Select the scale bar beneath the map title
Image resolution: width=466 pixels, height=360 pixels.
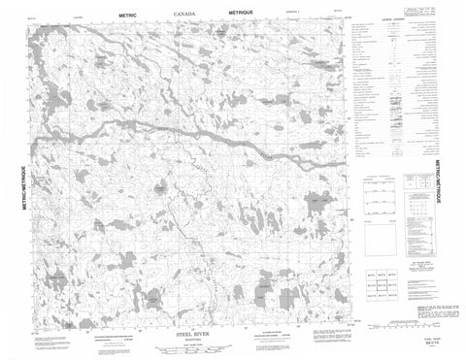[x=192, y=345]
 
